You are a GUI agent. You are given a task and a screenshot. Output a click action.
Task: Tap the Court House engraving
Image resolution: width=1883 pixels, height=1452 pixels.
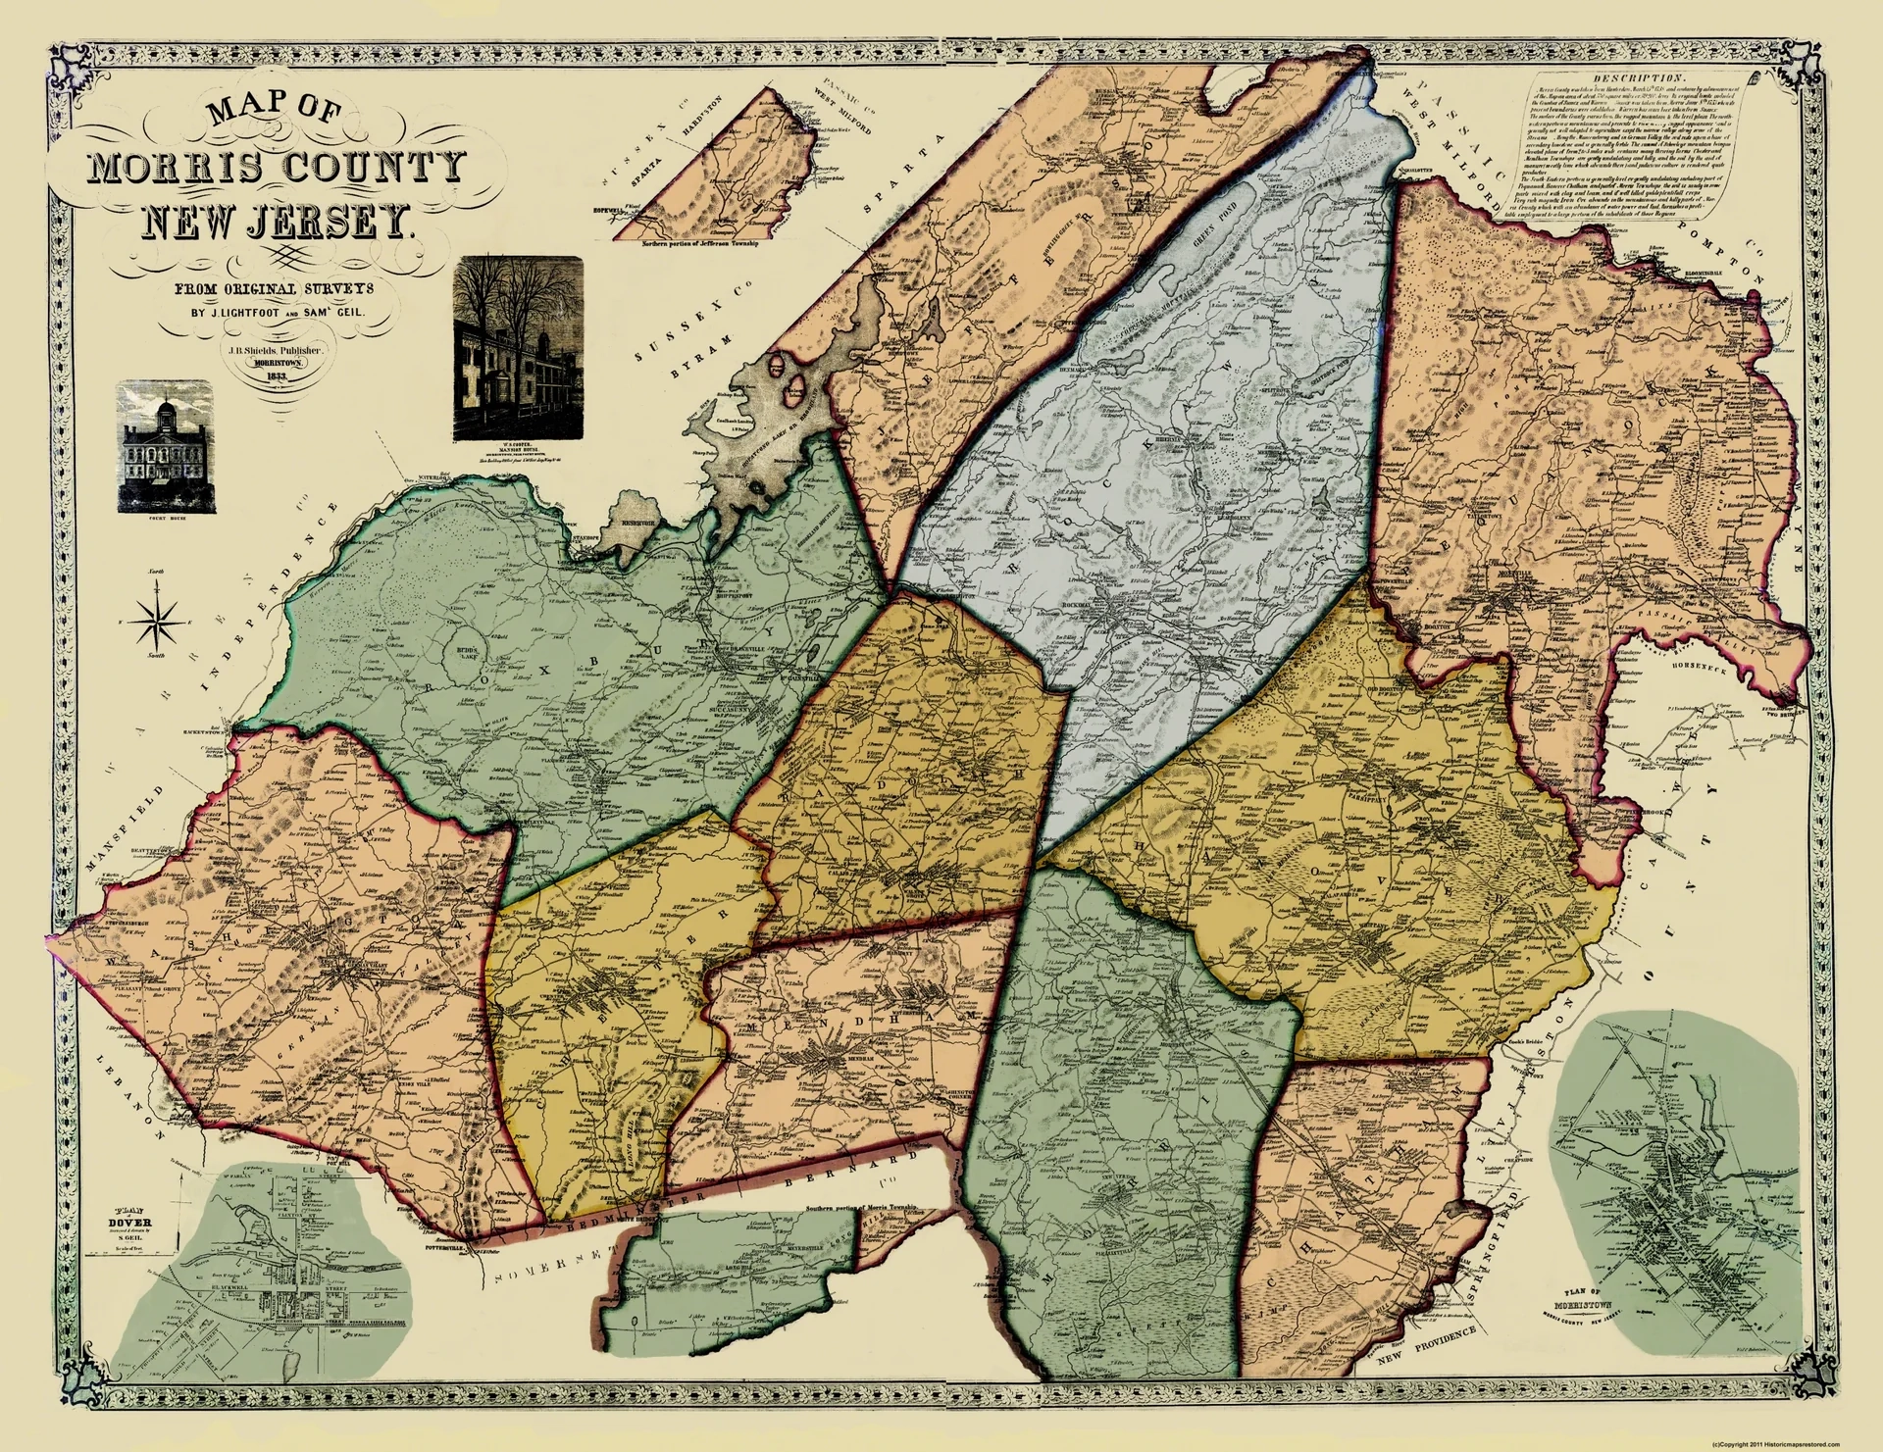(x=165, y=446)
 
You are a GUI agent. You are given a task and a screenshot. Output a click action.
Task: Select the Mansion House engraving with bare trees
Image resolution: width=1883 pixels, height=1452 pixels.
(x=518, y=349)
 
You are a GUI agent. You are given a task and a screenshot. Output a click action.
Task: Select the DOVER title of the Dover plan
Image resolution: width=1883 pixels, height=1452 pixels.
(x=129, y=1224)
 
